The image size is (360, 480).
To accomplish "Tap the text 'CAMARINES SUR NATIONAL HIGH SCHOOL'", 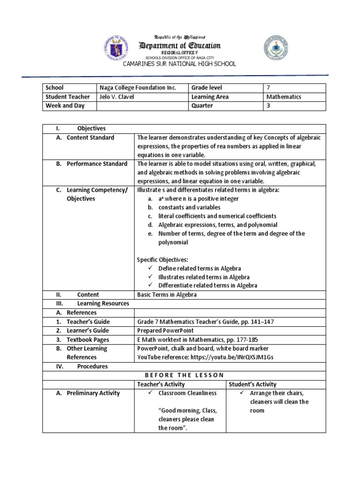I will pos(180,64).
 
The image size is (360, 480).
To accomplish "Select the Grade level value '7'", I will pos(268,88).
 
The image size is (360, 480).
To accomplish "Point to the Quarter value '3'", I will pos(268,105).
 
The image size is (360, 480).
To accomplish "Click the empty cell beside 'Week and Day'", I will pos(142,105).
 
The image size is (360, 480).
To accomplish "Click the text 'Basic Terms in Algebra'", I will pos(167,295).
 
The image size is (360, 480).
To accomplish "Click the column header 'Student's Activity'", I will pos(253,384).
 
